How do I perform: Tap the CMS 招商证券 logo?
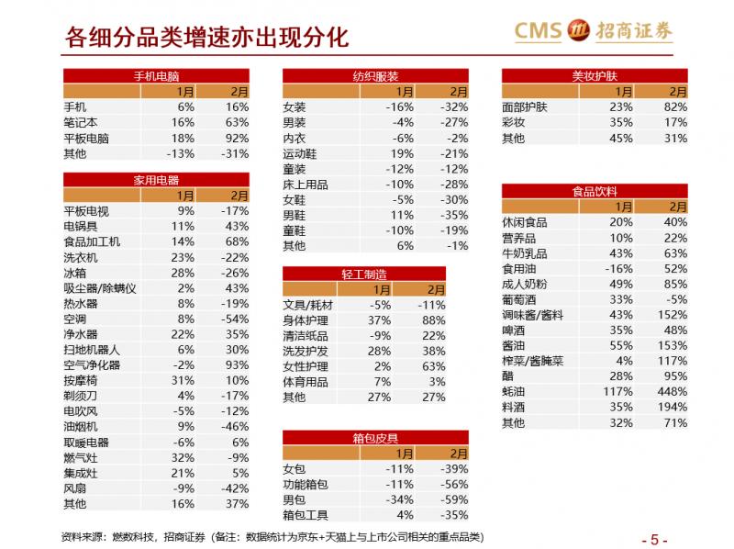593,31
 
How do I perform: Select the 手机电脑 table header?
156,76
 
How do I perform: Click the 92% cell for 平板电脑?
237,137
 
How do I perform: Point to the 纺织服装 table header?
375,76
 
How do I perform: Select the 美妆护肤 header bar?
595,76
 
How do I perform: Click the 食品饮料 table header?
595,191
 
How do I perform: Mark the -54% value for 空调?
235,319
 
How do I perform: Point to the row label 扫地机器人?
92,350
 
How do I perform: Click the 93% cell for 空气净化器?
237,364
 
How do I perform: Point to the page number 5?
655,538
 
